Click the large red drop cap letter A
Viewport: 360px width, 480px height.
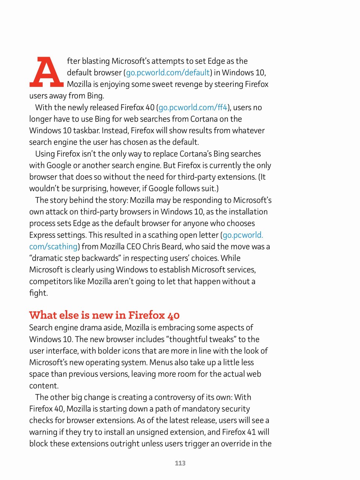click(x=46, y=72)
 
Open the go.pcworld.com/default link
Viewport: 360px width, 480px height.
click(x=168, y=73)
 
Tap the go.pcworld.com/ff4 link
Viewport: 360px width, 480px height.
click(x=193, y=108)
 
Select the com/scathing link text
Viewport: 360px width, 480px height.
click(x=53, y=247)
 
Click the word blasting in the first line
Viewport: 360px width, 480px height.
click(x=96, y=61)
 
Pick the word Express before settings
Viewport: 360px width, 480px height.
click(x=42, y=235)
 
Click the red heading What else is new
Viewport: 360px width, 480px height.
click(x=104, y=315)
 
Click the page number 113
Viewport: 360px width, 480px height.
click(x=180, y=463)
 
